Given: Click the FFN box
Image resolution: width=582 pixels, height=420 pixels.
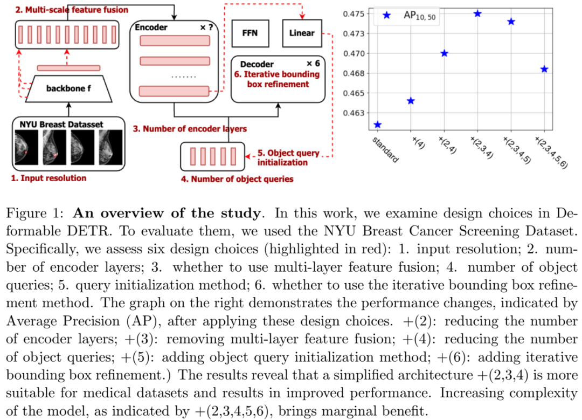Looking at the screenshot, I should [250, 33].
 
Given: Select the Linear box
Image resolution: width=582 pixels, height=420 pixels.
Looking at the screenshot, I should [301, 33].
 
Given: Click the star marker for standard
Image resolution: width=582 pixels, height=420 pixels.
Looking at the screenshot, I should [377, 125].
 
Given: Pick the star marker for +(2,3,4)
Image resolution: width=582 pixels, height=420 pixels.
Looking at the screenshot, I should [477, 13].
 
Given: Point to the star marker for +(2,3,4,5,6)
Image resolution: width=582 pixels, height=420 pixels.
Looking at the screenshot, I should [544, 69].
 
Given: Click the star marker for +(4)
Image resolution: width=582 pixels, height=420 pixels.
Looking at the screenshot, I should [411, 101].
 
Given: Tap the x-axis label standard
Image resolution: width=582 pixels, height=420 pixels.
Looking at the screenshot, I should [385, 150].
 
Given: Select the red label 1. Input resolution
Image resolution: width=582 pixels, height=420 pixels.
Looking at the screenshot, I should [49, 177].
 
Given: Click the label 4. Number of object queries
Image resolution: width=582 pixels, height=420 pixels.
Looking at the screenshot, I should [237, 178].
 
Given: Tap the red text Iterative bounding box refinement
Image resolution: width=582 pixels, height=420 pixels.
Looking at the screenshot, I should [278, 79].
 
